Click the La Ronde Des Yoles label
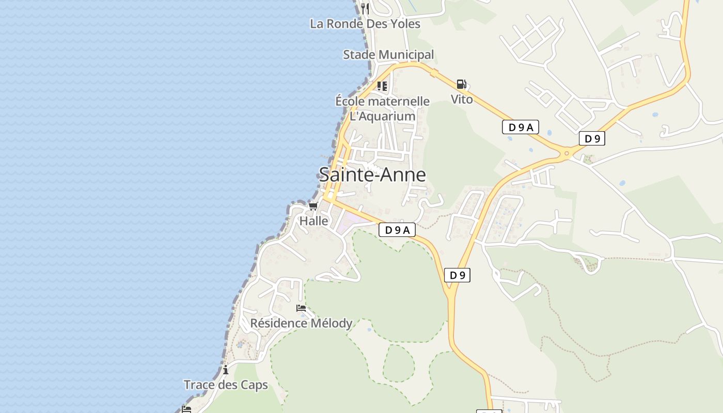[x=365, y=24]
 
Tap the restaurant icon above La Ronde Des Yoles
[x=365, y=8]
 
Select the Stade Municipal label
[x=388, y=55]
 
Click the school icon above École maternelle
[x=382, y=86]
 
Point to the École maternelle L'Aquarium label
[x=383, y=108]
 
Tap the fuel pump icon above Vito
[x=461, y=84]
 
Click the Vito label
[x=462, y=99]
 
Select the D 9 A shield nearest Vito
[x=520, y=127]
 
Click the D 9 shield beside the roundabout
[x=592, y=138]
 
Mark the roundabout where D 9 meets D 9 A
[x=567, y=152]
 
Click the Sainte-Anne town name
[x=372, y=174]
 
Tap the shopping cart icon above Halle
[x=313, y=206]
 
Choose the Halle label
[x=314, y=221]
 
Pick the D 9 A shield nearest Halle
[x=397, y=230]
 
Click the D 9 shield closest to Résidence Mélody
[x=458, y=275]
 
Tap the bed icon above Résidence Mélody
[x=301, y=308]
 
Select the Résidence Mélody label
[x=301, y=323]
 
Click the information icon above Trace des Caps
[x=226, y=370]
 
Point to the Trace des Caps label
[x=226, y=385]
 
